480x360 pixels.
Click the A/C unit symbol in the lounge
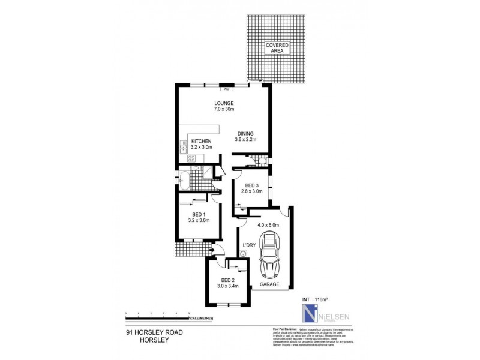point(227,89)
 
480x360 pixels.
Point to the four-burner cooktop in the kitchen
point(193,158)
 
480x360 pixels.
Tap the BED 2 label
point(227,280)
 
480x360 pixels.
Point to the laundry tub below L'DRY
point(243,254)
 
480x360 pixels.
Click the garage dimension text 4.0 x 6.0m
point(268,225)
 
